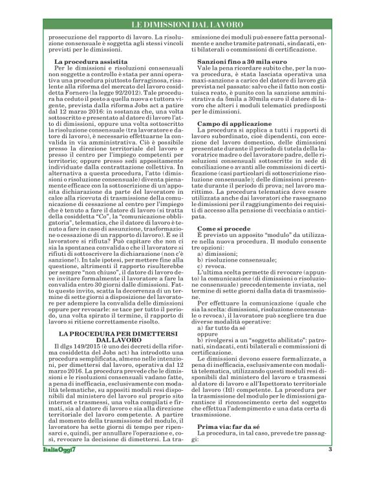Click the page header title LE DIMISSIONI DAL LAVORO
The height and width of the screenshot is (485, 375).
(187, 25)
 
